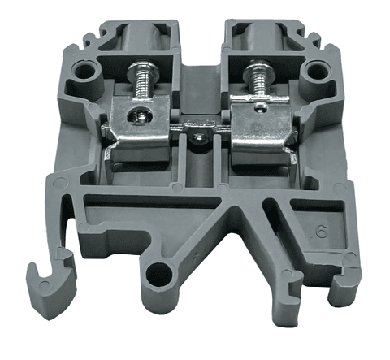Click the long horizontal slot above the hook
[130, 201]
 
